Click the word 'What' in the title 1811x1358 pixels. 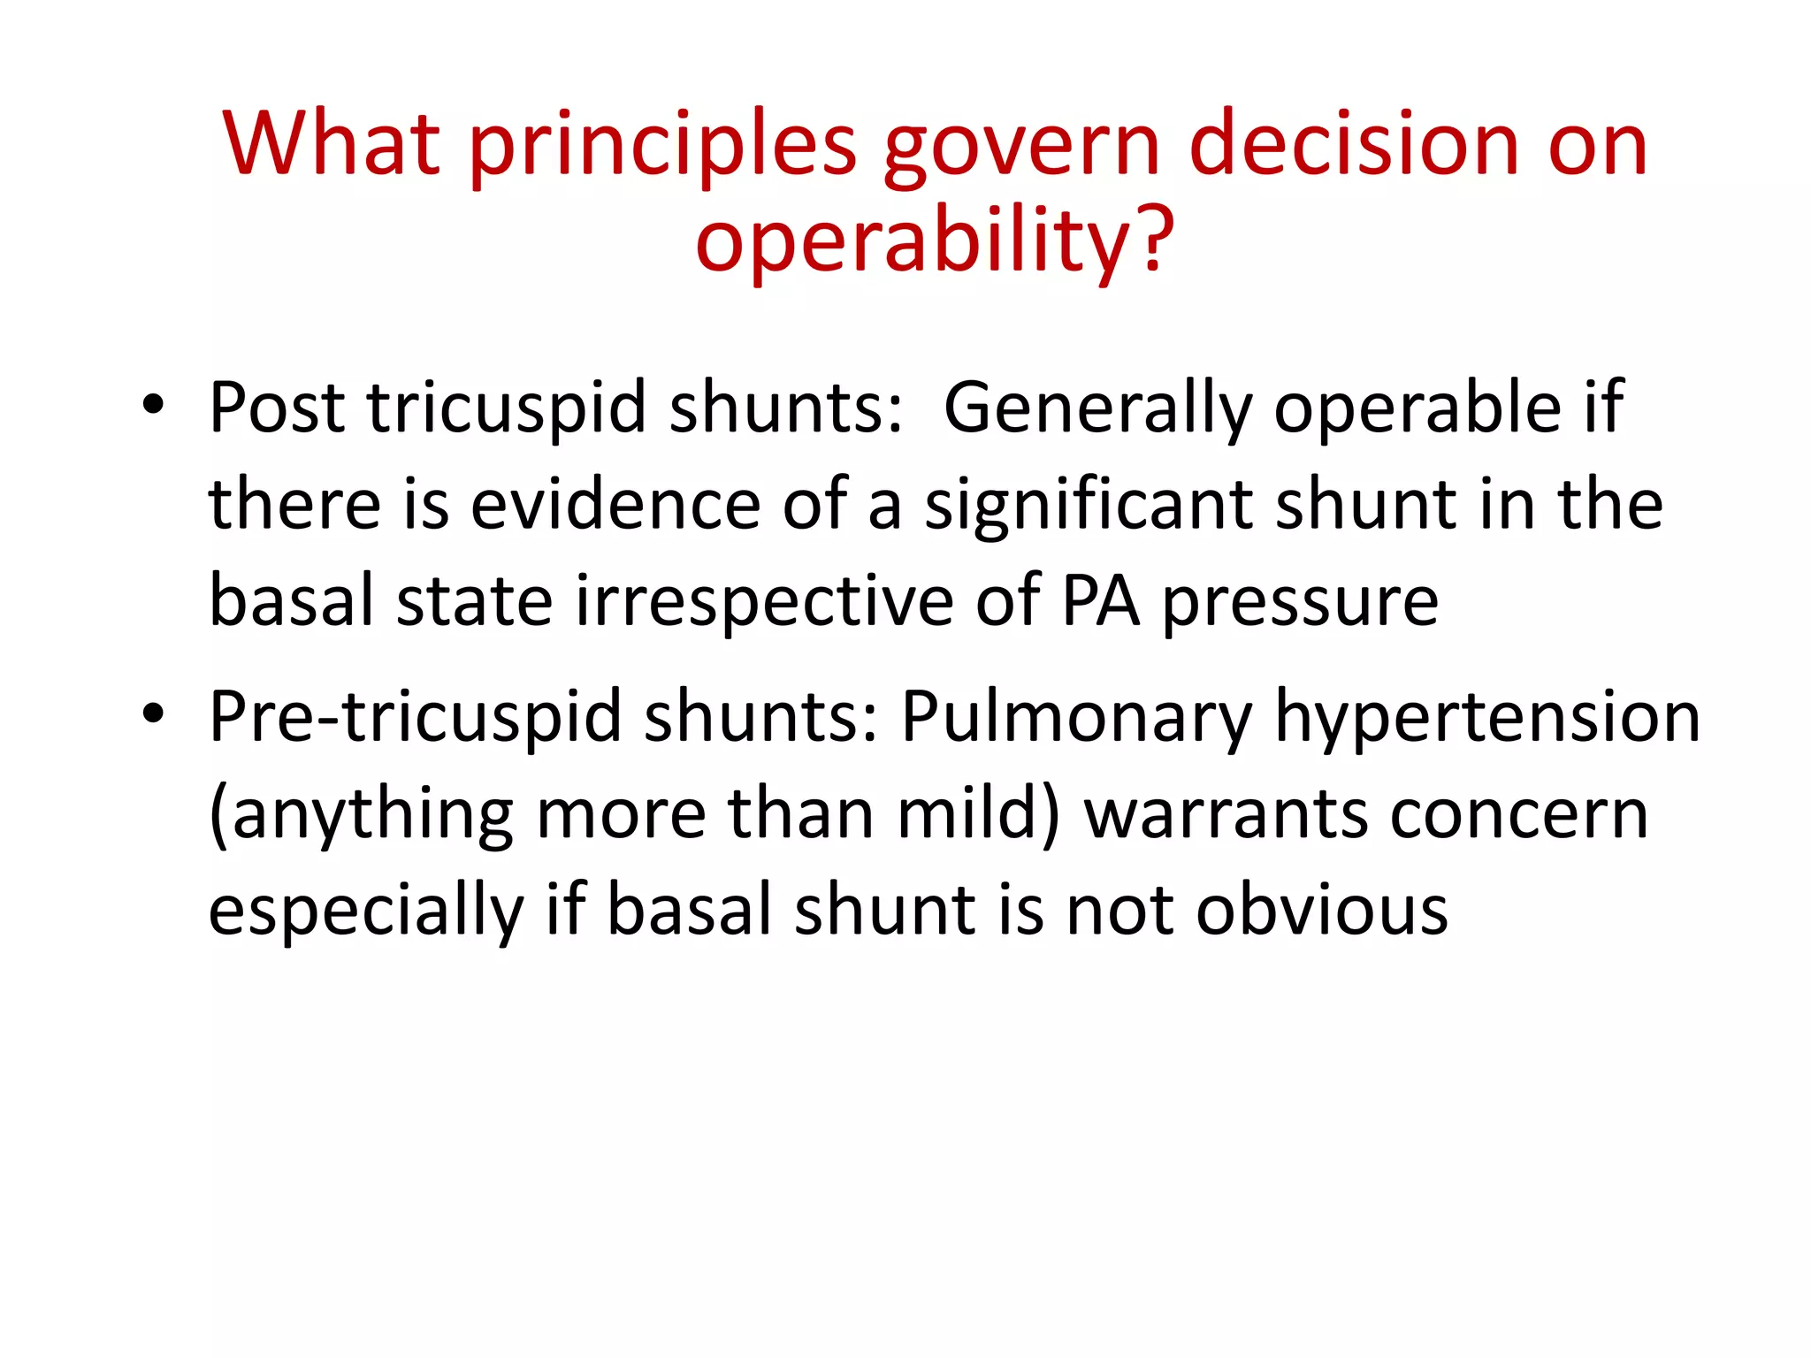coord(331,143)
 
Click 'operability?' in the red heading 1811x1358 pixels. coord(935,240)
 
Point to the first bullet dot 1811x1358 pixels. coord(153,405)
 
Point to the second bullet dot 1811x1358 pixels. coord(153,713)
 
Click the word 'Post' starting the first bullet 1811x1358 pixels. coord(277,408)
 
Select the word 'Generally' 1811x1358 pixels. coord(1097,408)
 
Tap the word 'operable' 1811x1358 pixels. coord(1417,408)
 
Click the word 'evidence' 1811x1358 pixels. coord(615,505)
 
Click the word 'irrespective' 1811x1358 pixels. coord(765,602)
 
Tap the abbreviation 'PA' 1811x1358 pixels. coord(1100,602)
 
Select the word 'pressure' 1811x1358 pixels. coord(1300,602)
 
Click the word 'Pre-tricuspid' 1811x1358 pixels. coord(416,717)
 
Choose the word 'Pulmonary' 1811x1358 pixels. coord(1077,717)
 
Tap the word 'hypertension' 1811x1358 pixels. coord(1486,717)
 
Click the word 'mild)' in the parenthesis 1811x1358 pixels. coord(977,813)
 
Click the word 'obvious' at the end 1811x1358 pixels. coord(1321,911)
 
